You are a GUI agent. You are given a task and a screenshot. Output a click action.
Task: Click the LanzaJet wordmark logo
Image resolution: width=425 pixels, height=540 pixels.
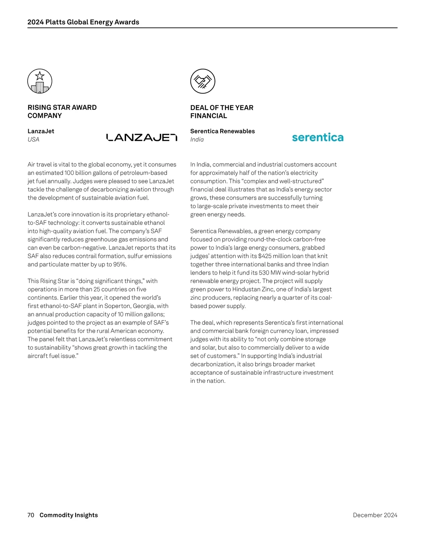pos(141,137)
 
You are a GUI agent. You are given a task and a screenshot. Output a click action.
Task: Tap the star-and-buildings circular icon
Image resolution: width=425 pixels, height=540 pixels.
pos(40,81)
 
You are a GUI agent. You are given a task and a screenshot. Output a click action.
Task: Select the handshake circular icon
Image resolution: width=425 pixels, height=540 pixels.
pos(203,81)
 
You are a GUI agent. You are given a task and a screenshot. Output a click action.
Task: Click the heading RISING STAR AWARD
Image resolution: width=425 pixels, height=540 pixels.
pos(62,108)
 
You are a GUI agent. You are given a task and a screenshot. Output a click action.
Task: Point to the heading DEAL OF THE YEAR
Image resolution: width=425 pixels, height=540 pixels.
pos(222,108)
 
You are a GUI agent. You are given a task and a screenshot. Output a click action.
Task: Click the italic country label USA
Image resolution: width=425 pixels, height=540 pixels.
pos(33,139)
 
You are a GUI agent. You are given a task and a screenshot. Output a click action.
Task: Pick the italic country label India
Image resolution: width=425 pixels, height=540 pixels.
pos(197,139)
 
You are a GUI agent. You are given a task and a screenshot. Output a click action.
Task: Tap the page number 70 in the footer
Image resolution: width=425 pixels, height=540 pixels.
pos(31,515)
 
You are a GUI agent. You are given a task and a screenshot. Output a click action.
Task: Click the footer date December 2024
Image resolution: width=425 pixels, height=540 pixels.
pos(375,515)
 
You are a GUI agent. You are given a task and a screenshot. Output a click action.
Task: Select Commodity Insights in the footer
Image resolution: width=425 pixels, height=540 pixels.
pos(69,515)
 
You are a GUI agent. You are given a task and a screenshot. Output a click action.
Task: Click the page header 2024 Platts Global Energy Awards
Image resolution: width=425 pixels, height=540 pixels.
pos(83,22)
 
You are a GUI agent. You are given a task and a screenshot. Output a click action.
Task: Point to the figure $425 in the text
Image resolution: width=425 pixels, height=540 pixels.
pos(265,256)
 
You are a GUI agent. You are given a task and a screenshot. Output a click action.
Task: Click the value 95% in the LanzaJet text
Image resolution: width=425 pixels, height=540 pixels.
pos(120,264)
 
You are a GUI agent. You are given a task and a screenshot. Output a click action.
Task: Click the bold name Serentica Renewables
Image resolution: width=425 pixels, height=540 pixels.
pos(222,131)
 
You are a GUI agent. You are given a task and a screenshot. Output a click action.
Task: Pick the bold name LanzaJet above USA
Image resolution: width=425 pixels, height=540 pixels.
pos(41,131)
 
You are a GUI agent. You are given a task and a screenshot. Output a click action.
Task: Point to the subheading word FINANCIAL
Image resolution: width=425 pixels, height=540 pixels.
pos(209,116)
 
